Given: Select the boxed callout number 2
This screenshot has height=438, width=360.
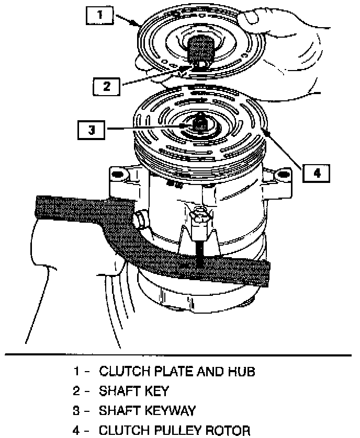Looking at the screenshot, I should pyautogui.click(x=107, y=86).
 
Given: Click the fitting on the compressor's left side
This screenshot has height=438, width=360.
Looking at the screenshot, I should pyautogui.click(x=140, y=219).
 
